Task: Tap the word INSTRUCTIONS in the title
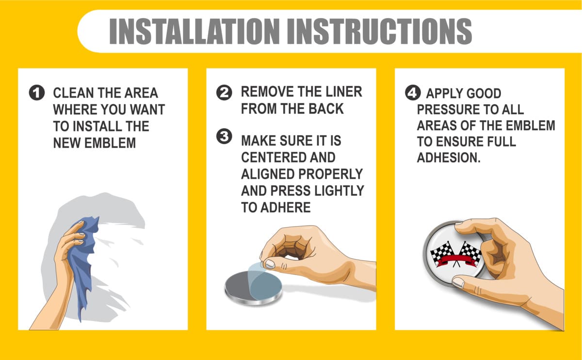tap(379, 32)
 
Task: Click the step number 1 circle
tap(37, 93)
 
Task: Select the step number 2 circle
tap(224, 93)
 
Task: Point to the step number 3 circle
tap(224, 136)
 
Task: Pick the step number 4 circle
tap(413, 93)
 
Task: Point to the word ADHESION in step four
tap(449, 158)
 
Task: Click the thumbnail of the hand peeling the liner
tap(270, 264)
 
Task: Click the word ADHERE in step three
tap(286, 208)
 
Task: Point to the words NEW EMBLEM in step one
tap(94, 143)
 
